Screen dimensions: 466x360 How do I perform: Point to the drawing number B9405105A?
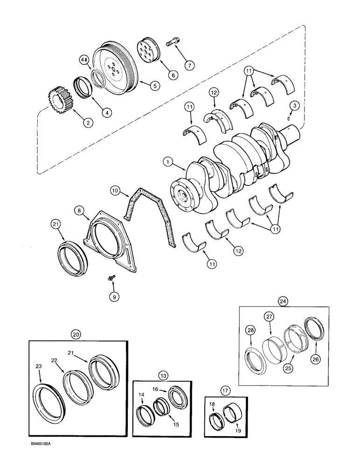[x=32, y=458]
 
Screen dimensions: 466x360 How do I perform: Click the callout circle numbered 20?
[x=76, y=334]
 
